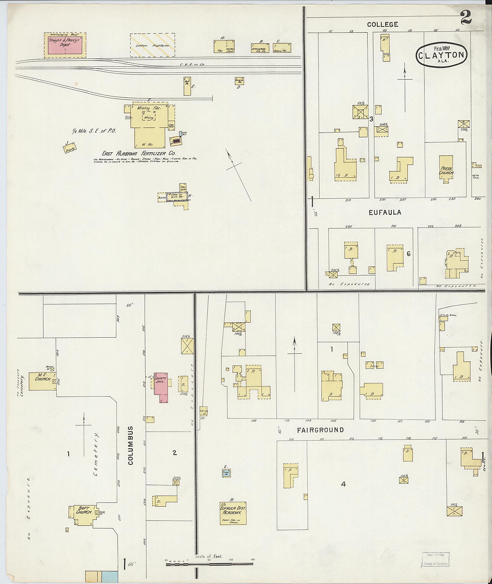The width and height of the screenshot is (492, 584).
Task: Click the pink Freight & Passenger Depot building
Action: tap(65, 45)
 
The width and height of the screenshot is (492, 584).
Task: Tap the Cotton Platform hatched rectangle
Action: tap(152, 45)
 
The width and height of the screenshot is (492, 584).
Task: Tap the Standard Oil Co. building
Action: tap(260, 48)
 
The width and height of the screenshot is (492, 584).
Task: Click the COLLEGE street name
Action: tap(383, 24)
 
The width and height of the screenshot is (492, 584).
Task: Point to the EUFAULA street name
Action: tap(385, 213)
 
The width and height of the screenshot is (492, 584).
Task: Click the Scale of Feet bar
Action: tap(209, 564)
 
